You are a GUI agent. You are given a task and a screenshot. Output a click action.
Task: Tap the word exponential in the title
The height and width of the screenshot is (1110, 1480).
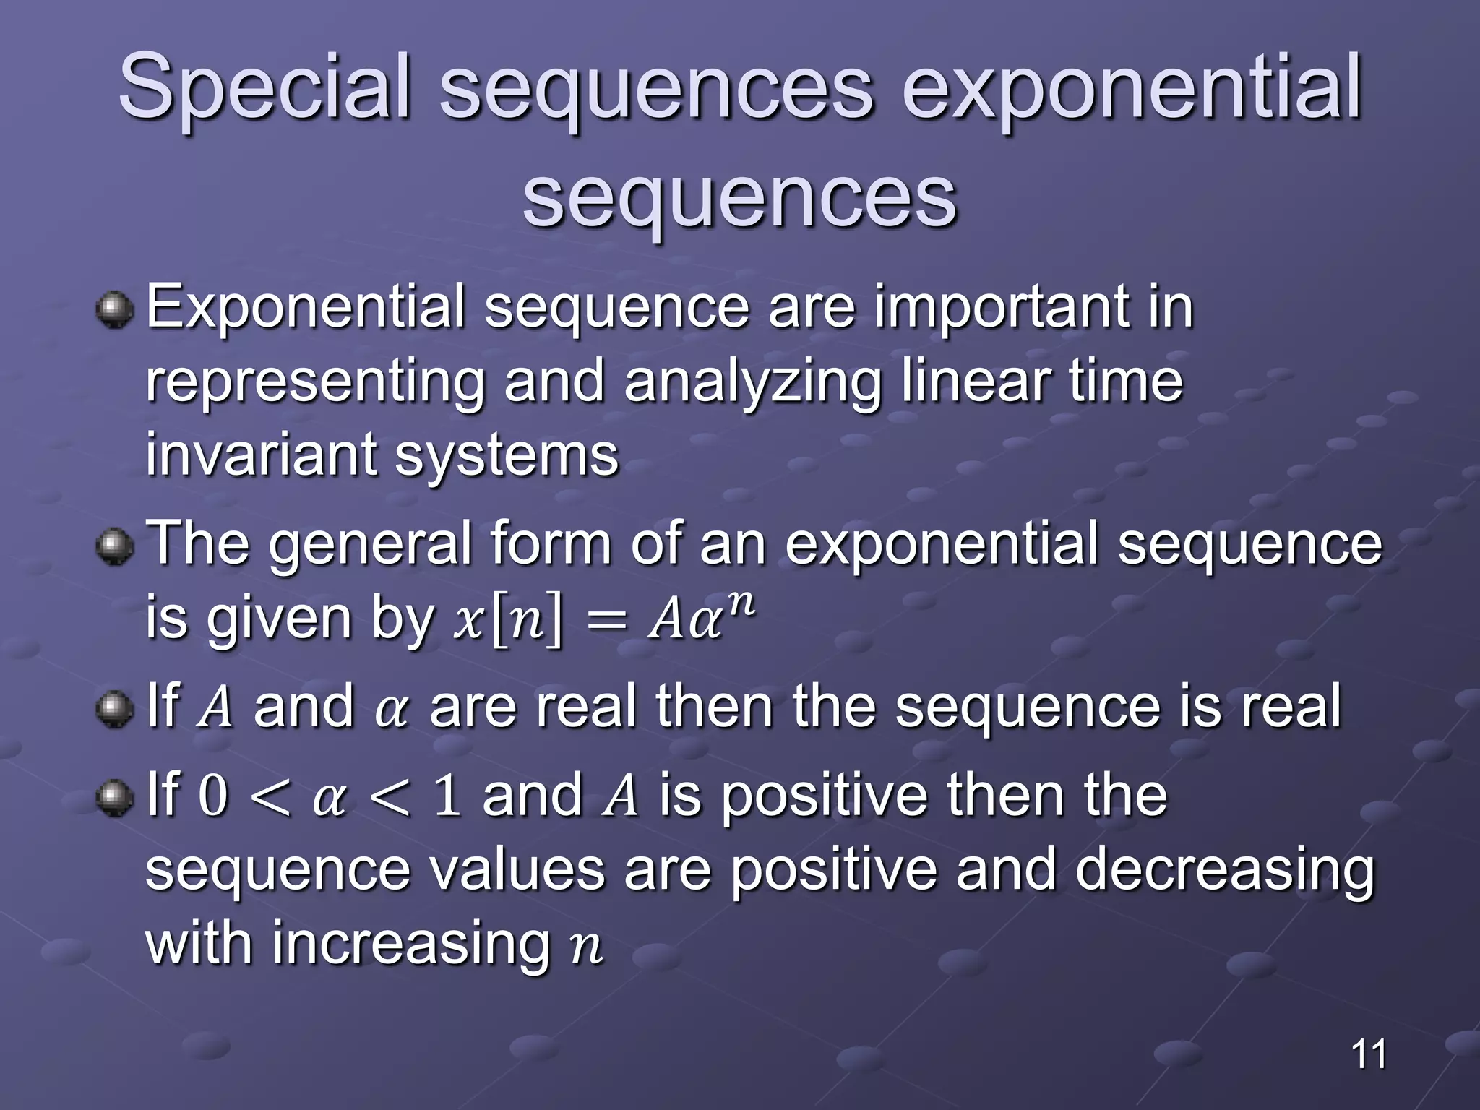1132,88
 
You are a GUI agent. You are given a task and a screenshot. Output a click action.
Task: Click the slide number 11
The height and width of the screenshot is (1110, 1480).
1369,1054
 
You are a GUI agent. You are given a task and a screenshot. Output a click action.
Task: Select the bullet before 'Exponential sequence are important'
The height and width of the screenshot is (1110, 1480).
115,310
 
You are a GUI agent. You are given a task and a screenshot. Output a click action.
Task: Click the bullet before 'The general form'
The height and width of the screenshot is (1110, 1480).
115,547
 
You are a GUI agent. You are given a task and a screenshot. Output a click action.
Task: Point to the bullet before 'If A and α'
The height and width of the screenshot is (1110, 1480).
115,709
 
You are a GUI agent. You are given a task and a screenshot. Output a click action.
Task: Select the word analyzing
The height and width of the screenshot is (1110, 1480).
752,383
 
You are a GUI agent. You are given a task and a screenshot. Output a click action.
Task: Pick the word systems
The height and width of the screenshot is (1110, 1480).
507,457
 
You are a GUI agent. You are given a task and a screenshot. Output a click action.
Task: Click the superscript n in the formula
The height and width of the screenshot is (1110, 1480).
739,602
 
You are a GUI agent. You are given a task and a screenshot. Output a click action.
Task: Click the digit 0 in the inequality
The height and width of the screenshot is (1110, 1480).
212,796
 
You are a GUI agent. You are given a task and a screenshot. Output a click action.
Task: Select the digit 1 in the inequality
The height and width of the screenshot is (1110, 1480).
447,796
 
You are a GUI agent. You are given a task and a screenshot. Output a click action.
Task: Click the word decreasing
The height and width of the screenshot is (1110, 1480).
1224,871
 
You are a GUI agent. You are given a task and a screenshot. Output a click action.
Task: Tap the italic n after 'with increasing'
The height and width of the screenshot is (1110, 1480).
586,947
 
